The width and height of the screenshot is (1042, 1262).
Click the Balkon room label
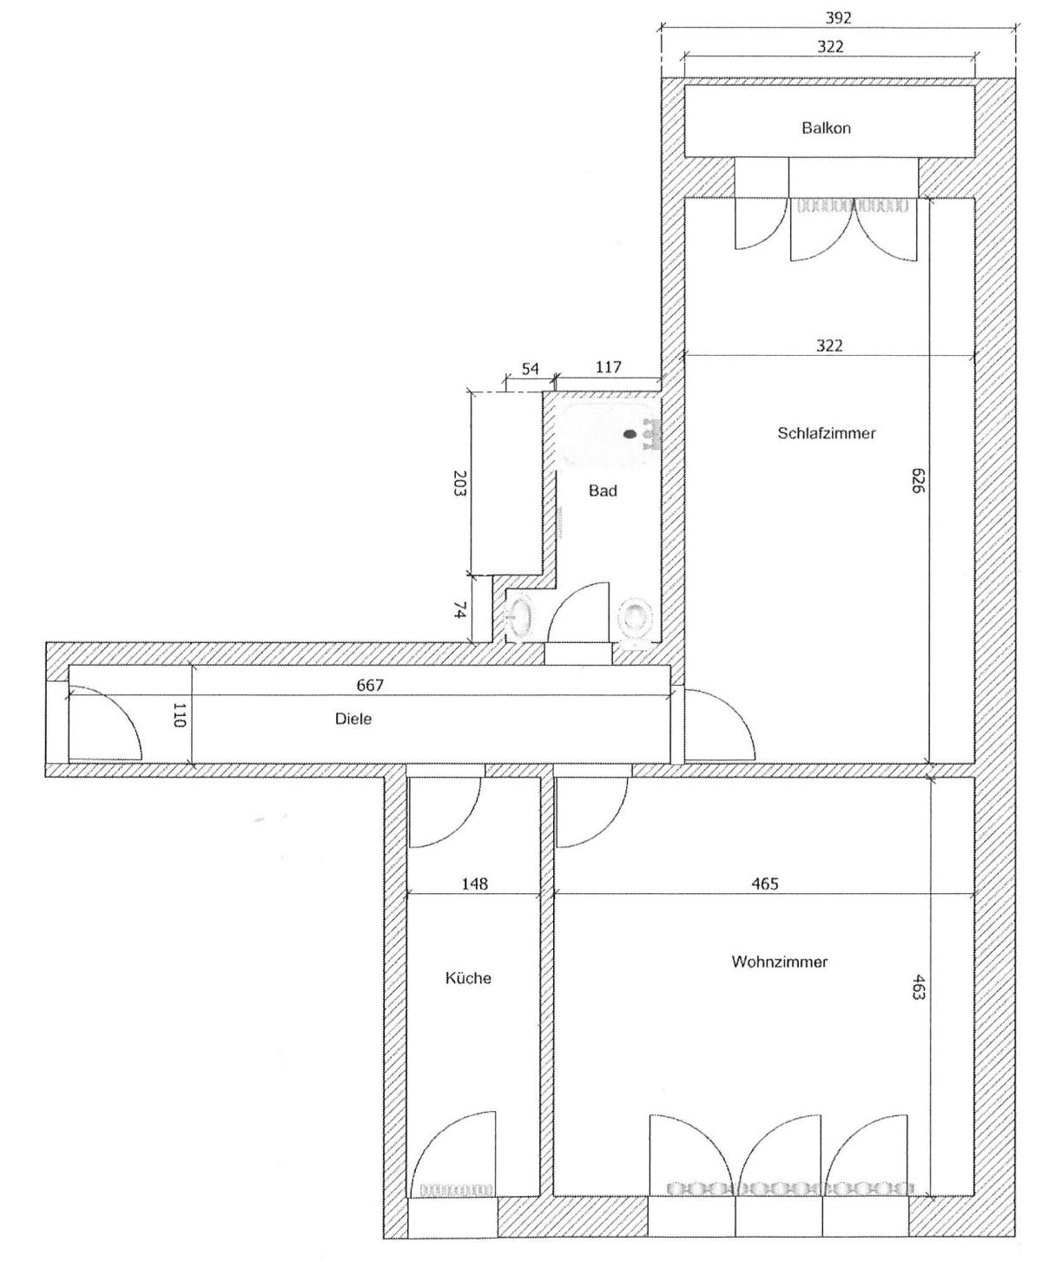[x=826, y=128]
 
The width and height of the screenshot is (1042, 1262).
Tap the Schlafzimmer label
[x=826, y=433]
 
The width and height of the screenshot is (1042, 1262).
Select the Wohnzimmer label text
[x=779, y=962]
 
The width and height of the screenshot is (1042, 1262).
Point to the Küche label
[x=468, y=978]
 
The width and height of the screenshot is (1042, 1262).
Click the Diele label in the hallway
[x=353, y=719]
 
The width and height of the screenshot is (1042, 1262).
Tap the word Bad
[x=603, y=490]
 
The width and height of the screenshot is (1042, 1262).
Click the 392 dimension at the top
[x=838, y=19]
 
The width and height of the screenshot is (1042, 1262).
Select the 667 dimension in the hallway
[x=370, y=685]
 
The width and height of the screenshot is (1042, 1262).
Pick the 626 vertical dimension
[x=918, y=480]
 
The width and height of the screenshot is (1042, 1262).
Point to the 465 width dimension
[x=765, y=884]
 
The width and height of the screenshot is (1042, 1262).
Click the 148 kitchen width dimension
[x=475, y=884]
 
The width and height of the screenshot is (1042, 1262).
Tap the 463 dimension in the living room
[x=918, y=986]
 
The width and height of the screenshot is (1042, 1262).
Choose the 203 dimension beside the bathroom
[x=460, y=483]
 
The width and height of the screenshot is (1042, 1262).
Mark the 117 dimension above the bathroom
[x=609, y=367]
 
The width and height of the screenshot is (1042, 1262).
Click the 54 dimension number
[x=530, y=369]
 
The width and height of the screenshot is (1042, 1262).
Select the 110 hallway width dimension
[x=180, y=714]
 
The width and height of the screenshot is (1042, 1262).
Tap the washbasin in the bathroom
[x=521, y=616]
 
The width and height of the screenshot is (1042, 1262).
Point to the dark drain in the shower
[x=630, y=434]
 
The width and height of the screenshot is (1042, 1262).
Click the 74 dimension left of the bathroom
[x=460, y=610]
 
